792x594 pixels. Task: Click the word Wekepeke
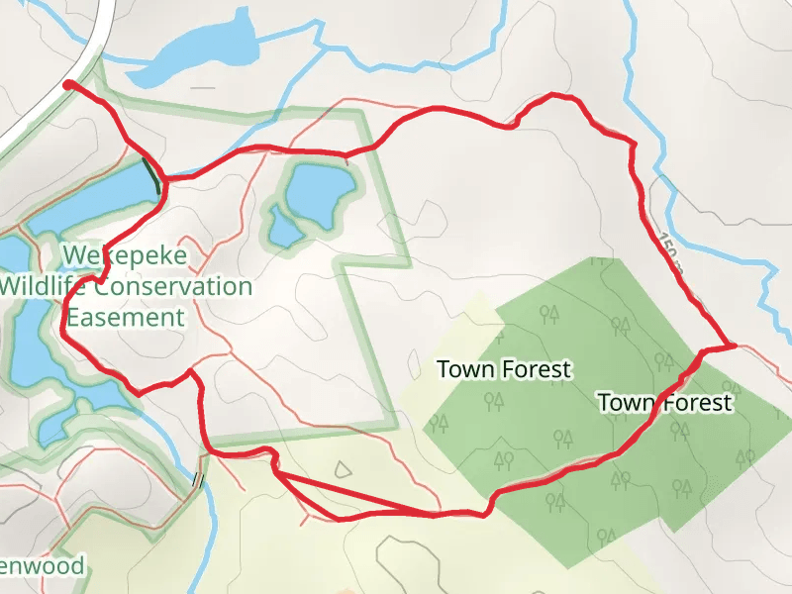(x=124, y=255)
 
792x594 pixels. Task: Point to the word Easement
(x=125, y=318)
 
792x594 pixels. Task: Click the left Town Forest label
(x=504, y=370)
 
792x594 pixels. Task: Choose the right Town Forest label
(x=664, y=402)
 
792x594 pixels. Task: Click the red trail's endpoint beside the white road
(x=68, y=85)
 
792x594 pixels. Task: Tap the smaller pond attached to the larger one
(x=285, y=229)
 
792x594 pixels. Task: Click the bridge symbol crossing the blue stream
(x=198, y=480)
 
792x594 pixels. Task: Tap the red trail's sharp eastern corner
(x=734, y=346)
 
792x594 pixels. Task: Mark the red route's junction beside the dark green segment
(x=164, y=179)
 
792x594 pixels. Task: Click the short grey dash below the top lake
(x=203, y=88)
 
